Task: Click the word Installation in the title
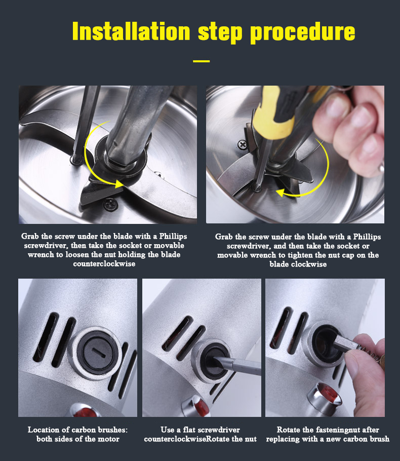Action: (x=131, y=31)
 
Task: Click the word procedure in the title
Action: (x=303, y=33)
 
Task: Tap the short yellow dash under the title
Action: (x=202, y=61)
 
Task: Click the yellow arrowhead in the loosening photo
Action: (x=119, y=184)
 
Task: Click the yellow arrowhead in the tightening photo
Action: (x=281, y=193)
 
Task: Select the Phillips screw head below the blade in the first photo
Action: (x=110, y=204)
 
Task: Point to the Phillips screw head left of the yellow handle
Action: (x=243, y=145)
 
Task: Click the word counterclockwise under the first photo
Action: (x=104, y=264)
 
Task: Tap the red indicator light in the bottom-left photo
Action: (x=86, y=412)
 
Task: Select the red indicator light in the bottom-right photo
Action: (x=327, y=394)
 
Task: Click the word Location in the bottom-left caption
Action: (x=45, y=430)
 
